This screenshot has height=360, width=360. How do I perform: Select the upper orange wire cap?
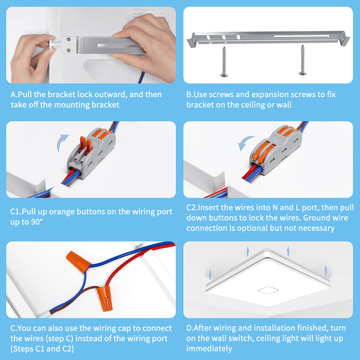74,260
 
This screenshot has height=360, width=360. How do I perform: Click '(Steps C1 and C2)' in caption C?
41,349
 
